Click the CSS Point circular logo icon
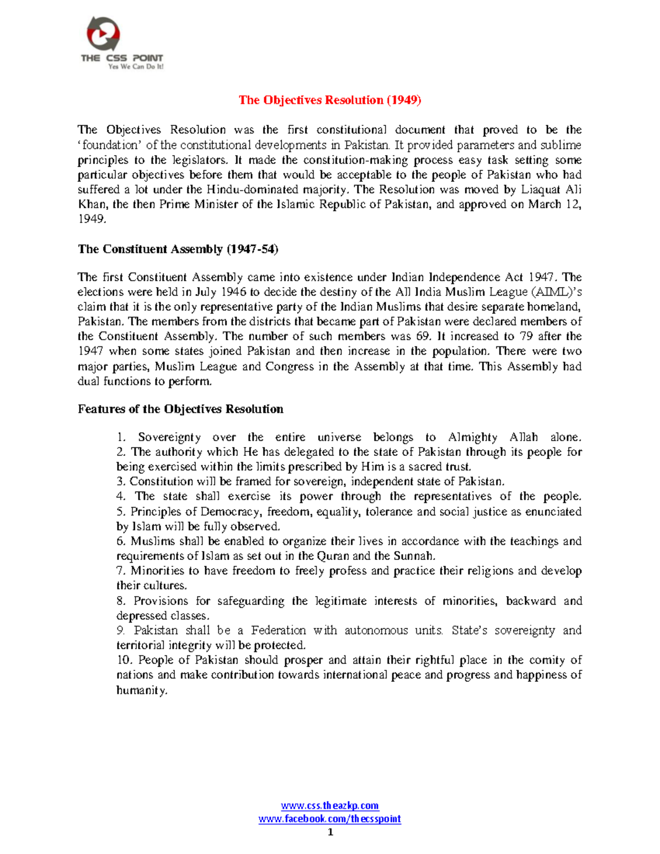[103, 34]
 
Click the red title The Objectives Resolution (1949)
[329, 100]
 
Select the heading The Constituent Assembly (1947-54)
[178, 249]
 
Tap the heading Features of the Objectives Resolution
[180, 409]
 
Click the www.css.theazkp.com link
[329, 806]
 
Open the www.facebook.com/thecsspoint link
[329, 819]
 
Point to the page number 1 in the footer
[330, 832]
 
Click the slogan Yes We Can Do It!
[136, 67]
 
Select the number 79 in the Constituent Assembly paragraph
[526, 337]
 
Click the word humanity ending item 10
[141, 691]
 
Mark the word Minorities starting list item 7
[157, 571]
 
